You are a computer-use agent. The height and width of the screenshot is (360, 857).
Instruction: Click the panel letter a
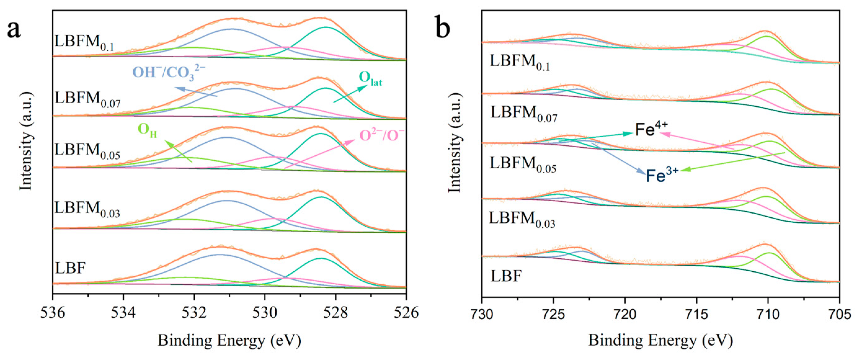pos(14,29)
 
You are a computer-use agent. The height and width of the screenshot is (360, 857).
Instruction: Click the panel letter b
pos(443,29)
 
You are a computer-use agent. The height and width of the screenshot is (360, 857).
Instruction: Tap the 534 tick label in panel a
pos(123,313)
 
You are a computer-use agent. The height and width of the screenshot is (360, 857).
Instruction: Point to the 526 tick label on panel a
pos(406,313)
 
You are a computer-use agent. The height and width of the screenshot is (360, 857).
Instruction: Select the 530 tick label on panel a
pos(265,313)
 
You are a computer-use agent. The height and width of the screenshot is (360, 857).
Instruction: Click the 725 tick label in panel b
pos(553,314)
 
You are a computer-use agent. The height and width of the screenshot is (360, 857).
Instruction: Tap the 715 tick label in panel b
pos(696,314)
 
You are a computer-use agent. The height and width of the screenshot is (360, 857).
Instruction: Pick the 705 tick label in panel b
pos(839,314)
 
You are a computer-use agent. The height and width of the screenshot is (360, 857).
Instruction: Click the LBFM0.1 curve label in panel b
pos(520,63)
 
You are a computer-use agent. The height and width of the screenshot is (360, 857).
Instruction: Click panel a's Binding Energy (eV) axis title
pos(229,340)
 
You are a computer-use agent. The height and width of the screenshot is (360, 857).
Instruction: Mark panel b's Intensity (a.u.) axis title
pos(455,143)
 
